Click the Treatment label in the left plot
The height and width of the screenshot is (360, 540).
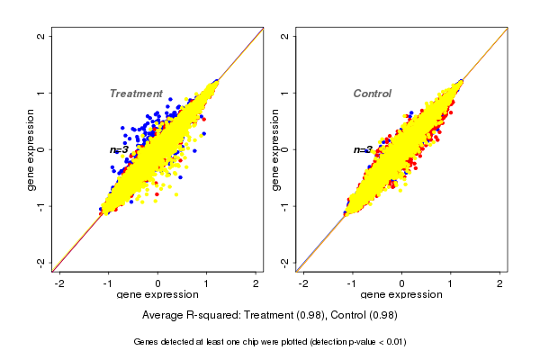click(x=136, y=94)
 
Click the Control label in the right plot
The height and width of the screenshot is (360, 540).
click(x=372, y=94)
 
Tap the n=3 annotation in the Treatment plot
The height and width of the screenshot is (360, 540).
click(x=119, y=150)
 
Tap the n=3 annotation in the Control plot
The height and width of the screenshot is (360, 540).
click(x=363, y=150)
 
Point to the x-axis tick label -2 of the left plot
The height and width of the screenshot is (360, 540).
click(x=59, y=283)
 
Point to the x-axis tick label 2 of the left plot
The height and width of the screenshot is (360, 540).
click(x=256, y=283)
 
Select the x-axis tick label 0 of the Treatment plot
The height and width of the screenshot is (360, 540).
click(x=157, y=283)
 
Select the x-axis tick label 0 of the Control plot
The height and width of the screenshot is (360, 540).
click(x=401, y=283)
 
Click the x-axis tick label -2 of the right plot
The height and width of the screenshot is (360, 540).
click(x=303, y=283)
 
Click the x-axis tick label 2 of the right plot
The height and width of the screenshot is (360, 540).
click(x=500, y=283)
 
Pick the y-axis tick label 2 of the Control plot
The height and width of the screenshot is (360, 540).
click(x=284, y=36)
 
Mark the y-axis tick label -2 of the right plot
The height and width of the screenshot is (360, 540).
click(x=284, y=262)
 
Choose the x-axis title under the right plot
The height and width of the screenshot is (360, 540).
click(x=401, y=295)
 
